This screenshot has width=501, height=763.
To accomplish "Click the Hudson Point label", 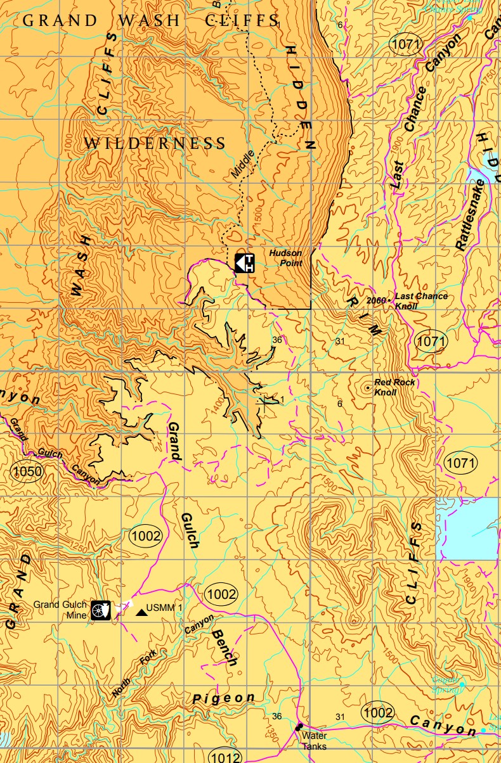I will (285, 258).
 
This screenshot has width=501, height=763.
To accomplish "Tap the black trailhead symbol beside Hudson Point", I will (245, 262).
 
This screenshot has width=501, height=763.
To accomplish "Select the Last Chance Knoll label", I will (421, 300).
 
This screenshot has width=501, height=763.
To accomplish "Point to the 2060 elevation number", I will (377, 300).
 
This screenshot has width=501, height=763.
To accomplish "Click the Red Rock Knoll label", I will (394, 387).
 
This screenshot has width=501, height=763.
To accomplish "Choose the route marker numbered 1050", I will (27, 471).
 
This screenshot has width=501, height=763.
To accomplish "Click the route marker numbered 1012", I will (225, 756).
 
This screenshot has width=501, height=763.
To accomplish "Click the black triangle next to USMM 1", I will (140, 612).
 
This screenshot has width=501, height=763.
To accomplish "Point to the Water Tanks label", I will (314, 741).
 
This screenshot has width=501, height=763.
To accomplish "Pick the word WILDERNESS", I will (155, 144).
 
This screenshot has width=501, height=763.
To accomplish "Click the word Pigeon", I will (223, 698).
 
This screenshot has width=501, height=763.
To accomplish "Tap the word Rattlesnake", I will (470, 215).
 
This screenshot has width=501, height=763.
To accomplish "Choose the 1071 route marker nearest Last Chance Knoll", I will (431, 341).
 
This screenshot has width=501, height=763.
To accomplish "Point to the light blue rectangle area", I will (473, 529).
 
